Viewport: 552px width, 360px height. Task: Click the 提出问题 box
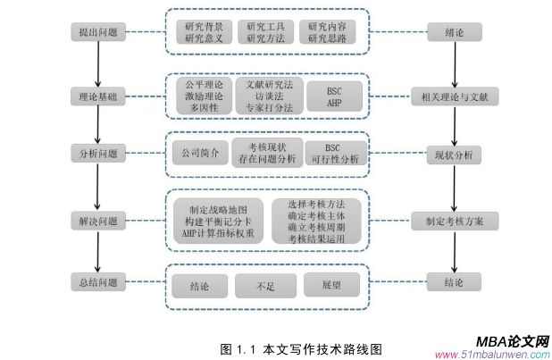96,33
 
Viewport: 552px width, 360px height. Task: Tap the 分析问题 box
96,153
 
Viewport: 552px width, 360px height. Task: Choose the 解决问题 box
96,220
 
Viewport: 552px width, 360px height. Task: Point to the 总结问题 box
96,283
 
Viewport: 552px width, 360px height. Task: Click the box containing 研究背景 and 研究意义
205,33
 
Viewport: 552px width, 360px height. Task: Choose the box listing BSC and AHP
335,95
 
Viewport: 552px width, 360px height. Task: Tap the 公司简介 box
197,154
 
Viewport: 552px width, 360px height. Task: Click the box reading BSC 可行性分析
334,153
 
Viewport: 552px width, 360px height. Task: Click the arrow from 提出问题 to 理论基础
96,63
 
